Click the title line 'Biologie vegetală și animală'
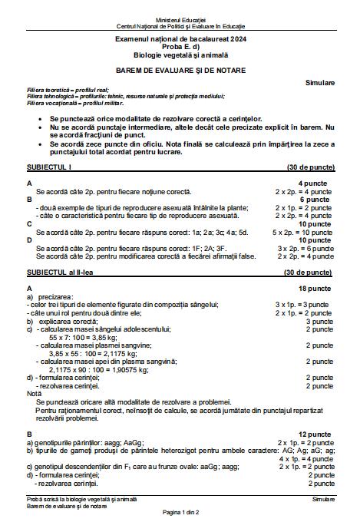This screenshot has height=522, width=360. [x=180, y=54]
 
